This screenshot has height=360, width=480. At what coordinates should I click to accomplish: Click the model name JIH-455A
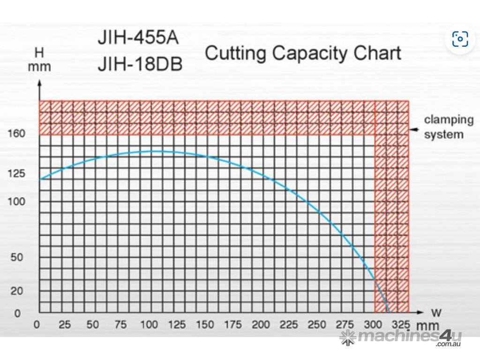tap(138, 38)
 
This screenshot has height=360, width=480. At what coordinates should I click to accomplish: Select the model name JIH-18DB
tap(140, 64)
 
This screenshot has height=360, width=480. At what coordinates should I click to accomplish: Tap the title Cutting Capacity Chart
tap(303, 53)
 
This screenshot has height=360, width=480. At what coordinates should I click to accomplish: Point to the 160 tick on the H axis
tap(16, 134)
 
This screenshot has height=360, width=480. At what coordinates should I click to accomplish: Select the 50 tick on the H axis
tap(16, 257)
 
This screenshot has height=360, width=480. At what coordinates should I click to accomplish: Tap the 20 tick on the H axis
tap(16, 291)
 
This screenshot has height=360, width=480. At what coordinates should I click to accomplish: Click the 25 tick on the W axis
tap(65, 324)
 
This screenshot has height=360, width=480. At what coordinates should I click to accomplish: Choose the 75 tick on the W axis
tap(120, 324)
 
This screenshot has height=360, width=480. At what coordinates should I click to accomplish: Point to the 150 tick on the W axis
tap(204, 324)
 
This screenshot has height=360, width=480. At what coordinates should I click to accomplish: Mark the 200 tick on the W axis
tap(261, 324)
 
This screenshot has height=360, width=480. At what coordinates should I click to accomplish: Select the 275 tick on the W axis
tap(345, 324)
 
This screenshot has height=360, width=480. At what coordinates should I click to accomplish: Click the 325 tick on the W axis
tap(401, 324)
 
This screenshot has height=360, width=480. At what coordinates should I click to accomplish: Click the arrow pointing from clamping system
tap(414, 130)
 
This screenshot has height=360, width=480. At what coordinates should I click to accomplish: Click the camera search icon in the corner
tap(460, 39)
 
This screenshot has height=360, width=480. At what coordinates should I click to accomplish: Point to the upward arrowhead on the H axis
tap(39, 83)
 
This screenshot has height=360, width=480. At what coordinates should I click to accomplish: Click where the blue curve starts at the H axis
tap(40, 179)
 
